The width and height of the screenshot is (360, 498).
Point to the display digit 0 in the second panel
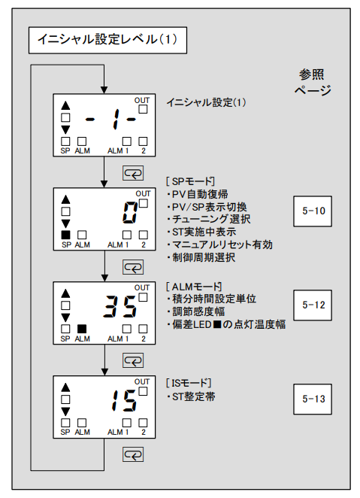tap(129, 214)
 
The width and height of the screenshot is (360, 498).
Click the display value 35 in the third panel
tap(120, 308)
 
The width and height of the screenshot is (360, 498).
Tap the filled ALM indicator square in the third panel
tap(82, 328)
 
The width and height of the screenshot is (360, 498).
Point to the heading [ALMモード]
tap(193, 287)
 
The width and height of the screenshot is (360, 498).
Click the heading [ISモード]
tap(189, 381)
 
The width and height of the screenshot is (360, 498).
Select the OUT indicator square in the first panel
tap(143, 109)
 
